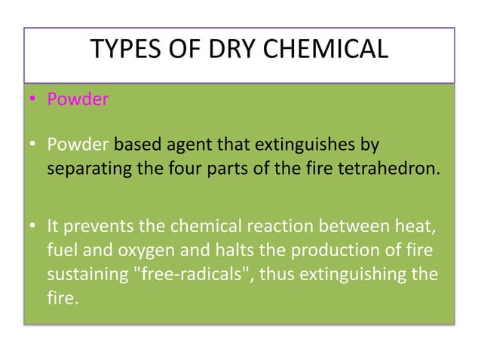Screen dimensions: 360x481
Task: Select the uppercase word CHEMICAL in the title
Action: [x=325, y=50]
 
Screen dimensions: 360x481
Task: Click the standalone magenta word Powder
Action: [x=78, y=100]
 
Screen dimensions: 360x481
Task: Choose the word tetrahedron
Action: [x=391, y=167]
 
